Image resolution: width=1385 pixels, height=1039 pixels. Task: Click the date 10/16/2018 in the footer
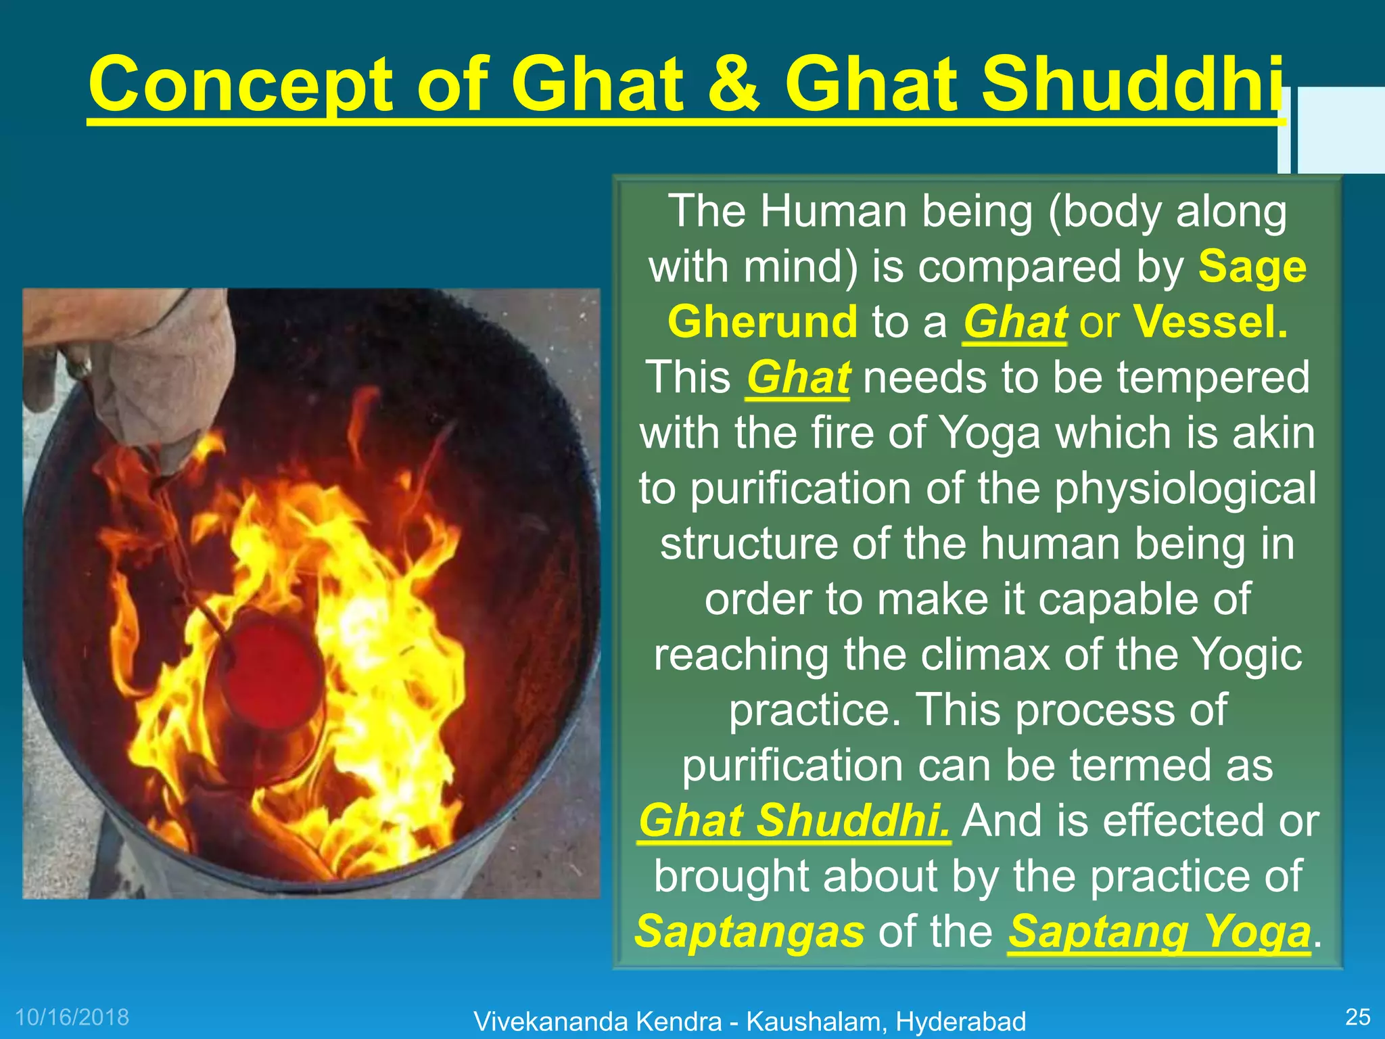(x=72, y=1017)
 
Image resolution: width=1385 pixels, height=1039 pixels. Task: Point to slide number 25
(x=1357, y=1017)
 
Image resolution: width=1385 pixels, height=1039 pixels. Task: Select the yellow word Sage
(x=1252, y=267)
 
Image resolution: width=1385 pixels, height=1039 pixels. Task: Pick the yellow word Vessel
(x=1211, y=322)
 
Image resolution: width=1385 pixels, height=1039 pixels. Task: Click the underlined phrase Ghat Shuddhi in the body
(x=794, y=821)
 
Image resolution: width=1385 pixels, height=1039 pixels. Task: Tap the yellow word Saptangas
(x=749, y=931)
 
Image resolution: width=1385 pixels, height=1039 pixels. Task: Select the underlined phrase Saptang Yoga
(x=1159, y=931)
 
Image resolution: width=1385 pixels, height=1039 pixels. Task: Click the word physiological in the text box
(x=1185, y=488)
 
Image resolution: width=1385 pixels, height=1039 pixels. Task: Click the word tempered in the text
(x=1213, y=377)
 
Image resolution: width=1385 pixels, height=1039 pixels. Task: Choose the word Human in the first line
(x=833, y=211)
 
